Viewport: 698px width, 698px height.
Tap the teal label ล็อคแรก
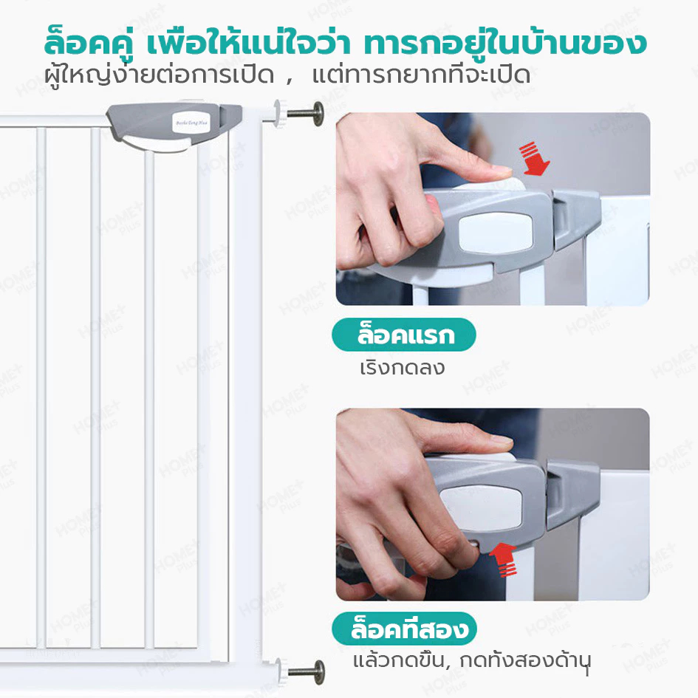coord(403,335)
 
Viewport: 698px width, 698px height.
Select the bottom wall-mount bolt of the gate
coord(305,671)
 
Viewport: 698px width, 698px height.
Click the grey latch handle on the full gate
coord(174,126)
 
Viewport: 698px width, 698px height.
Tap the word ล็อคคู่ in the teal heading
coord(88,43)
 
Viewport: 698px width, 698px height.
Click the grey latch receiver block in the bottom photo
coord(572,495)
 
